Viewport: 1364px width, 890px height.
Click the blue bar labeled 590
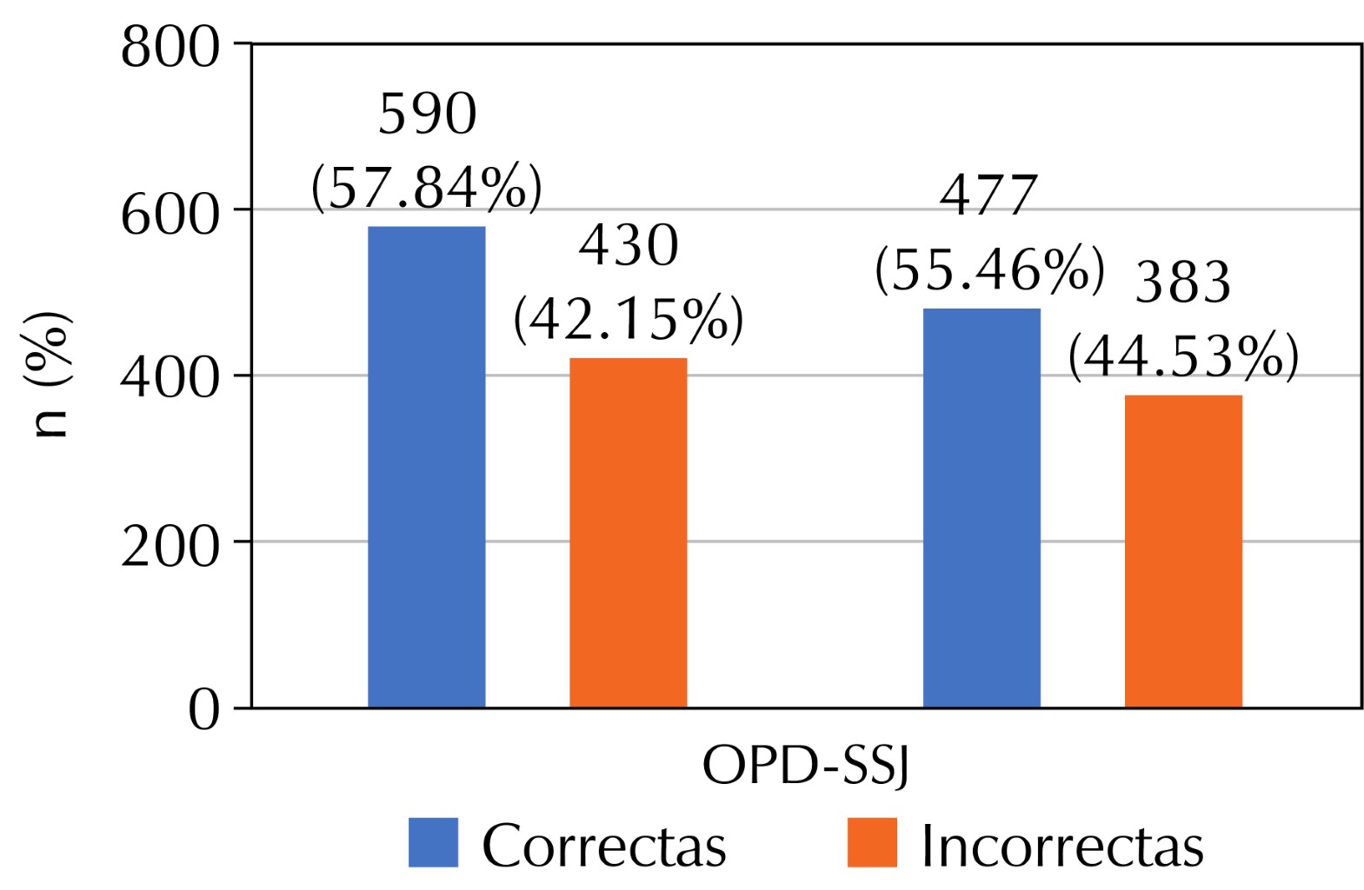(x=426, y=467)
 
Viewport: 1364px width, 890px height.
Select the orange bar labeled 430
(x=628, y=532)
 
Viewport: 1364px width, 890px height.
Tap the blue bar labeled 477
(x=981, y=508)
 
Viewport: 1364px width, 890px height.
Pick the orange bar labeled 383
(x=1182, y=551)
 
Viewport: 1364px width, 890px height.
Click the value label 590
(x=428, y=115)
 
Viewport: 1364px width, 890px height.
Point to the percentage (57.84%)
(x=427, y=187)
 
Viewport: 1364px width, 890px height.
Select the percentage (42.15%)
(x=629, y=320)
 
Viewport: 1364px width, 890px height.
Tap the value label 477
(x=989, y=196)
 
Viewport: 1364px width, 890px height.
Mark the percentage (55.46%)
(x=989, y=269)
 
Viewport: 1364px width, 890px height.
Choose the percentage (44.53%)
(x=1183, y=356)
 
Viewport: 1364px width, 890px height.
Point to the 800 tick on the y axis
(x=170, y=48)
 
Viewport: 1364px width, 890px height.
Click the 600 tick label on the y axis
(x=170, y=214)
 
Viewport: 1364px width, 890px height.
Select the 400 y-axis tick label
(x=170, y=380)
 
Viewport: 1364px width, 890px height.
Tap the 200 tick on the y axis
(x=170, y=547)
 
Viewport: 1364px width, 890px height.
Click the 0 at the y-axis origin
(x=205, y=712)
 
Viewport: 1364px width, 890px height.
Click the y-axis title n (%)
(x=52, y=375)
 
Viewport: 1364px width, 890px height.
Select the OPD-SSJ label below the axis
(x=805, y=767)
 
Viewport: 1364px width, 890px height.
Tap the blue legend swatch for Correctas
(x=433, y=842)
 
